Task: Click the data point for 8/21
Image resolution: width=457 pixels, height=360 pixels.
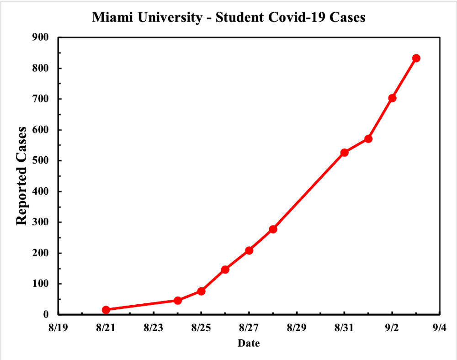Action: point(106,310)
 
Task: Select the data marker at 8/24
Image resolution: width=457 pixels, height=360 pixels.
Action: point(178,301)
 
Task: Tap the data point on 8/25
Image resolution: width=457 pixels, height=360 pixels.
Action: point(201,291)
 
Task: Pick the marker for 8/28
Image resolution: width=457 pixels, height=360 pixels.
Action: point(273,229)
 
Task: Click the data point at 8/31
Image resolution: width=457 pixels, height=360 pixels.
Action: point(345,153)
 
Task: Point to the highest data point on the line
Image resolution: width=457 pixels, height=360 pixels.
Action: point(416,58)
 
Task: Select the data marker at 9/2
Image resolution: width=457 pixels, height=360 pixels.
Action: point(392,98)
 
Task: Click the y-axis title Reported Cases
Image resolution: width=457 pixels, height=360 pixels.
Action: point(21,176)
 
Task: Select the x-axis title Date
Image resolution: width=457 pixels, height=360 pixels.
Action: point(249,343)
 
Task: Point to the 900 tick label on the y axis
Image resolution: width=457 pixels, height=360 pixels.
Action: point(40,37)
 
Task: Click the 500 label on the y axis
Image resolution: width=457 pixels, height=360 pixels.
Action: point(40,160)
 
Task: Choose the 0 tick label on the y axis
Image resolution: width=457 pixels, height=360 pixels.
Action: point(46,314)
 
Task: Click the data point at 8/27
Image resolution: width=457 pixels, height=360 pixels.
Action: point(249,250)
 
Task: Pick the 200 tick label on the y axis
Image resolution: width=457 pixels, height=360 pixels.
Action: point(40,253)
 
